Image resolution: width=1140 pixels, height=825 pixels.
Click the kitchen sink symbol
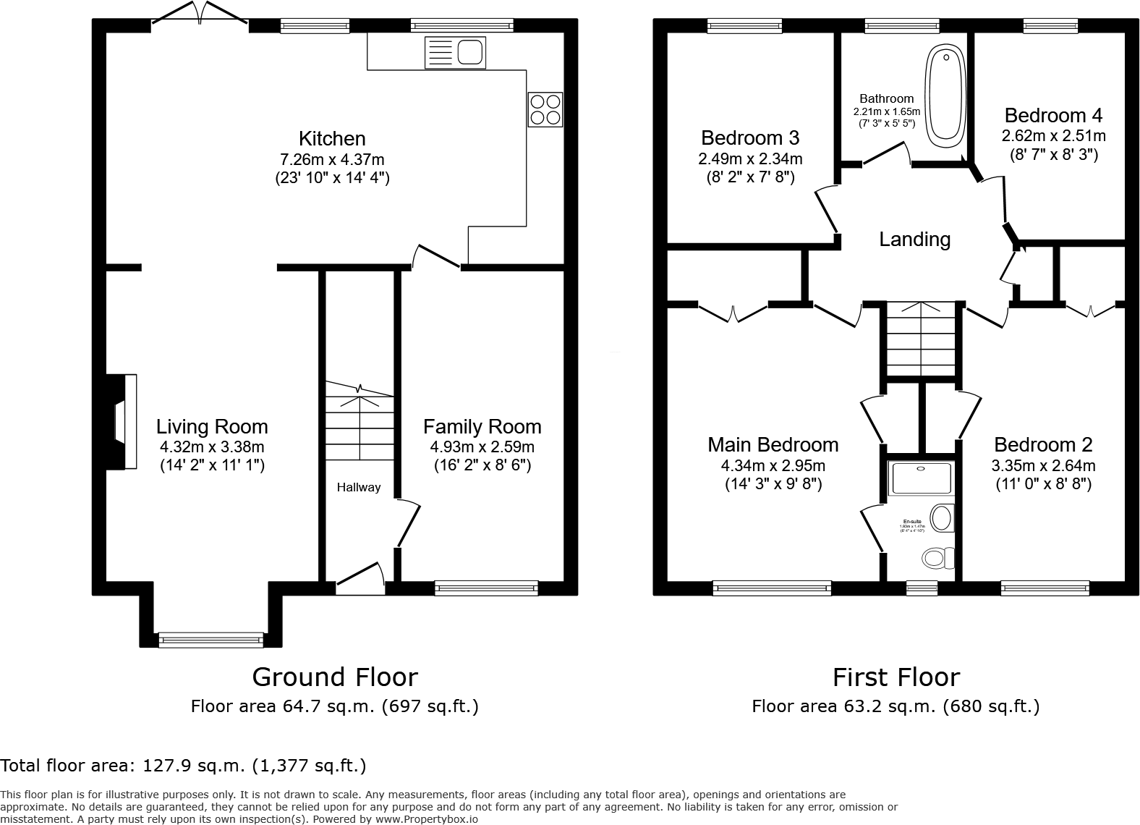pos(456,52)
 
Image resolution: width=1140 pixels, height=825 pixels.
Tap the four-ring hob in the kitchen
pos(545,109)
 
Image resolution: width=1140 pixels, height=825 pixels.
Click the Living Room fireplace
pos(121,421)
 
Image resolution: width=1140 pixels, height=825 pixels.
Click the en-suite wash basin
pos(941,517)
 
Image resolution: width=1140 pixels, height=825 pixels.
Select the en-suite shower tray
pos(920,478)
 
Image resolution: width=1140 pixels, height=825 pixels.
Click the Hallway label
pos(358,487)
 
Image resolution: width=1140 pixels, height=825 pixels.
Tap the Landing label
pos(914,239)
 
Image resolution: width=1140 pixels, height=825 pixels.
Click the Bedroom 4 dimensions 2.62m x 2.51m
pos(1052,135)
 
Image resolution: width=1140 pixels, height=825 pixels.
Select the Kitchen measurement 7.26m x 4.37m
pos(332,158)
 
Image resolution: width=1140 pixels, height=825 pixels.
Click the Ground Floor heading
pos(334,677)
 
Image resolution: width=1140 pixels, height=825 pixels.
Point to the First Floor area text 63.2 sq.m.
pos(895,706)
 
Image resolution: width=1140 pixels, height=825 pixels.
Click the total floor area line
pos(183,765)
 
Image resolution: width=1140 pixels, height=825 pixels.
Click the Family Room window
pos(486,588)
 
